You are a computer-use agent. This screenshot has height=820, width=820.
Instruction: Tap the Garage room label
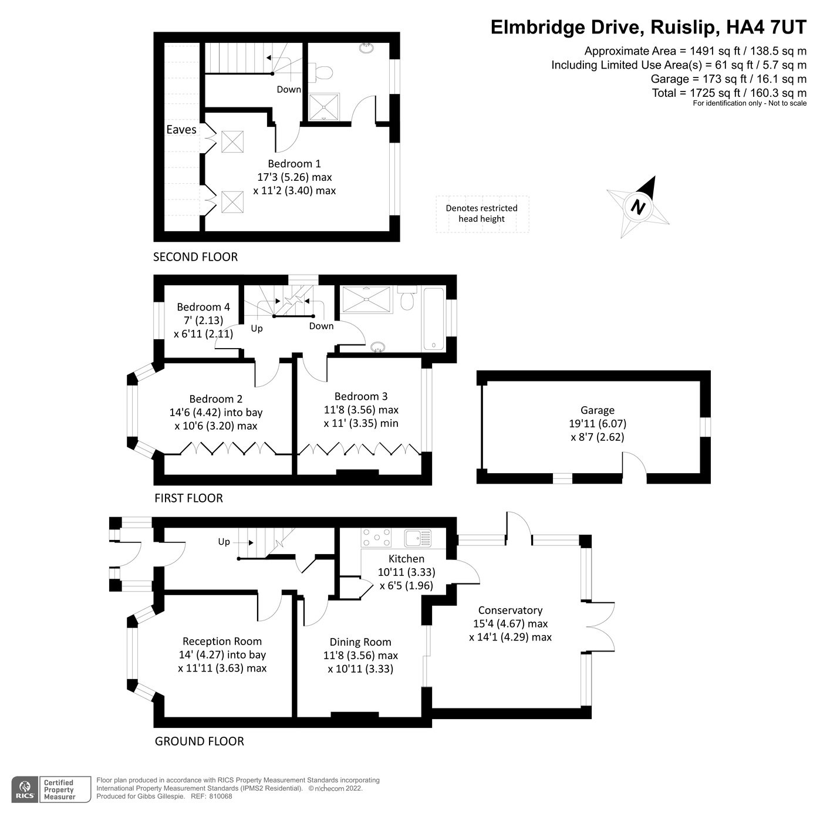(x=597, y=410)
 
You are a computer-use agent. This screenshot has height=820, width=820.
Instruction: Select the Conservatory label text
(x=509, y=610)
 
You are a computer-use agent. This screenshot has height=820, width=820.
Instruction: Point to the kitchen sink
(x=417, y=537)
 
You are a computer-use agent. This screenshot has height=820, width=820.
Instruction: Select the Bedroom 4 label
(x=203, y=307)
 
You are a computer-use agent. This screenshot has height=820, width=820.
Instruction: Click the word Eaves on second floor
(x=181, y=129)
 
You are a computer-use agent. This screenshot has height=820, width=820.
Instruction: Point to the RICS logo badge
(x=25, y=789)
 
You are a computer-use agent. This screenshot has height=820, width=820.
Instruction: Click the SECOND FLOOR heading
(x=195, y=257)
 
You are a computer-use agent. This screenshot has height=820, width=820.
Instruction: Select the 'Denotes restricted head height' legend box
(x=482, y=214)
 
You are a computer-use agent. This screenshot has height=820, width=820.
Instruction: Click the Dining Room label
(x=360, y=642)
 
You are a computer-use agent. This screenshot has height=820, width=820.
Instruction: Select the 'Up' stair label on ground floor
(x=224, y=542)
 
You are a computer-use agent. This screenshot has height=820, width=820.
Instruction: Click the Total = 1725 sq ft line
(x=728, y=93)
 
